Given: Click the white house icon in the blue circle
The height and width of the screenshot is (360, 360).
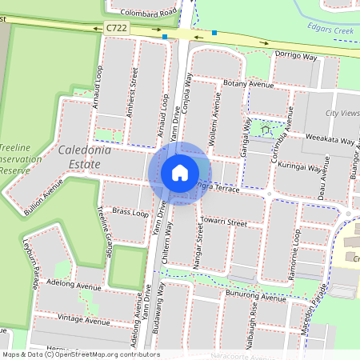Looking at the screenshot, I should point(179,172).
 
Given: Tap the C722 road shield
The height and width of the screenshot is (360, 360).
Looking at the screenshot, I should point(115,28).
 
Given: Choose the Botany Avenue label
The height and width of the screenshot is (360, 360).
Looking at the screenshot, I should point(249,83).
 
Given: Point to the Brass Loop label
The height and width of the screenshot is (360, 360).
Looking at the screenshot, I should point(130,214).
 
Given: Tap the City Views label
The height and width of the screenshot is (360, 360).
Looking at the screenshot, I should point(342,114).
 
